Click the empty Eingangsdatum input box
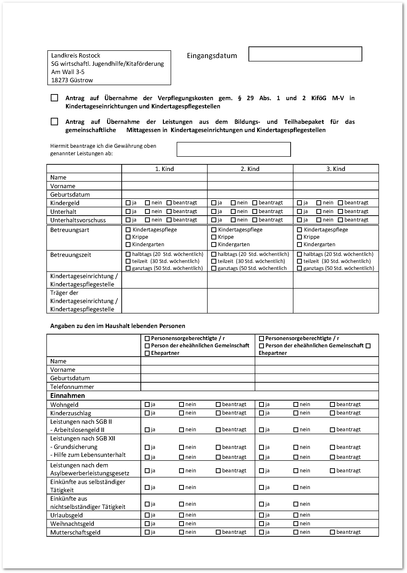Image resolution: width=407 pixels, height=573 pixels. pos(305,54)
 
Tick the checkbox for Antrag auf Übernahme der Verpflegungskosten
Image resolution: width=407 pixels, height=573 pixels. pos(54,98)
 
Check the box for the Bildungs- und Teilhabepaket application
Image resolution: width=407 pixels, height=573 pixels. pos(54,122)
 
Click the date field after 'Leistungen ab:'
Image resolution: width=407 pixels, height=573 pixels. pos(233,149)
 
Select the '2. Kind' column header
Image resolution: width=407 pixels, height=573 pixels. pos(250,169)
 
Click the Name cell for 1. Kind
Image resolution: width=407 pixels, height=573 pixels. pos(164,177)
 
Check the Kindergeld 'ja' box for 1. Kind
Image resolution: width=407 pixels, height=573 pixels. pos(128,203)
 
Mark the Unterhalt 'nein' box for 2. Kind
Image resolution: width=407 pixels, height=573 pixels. pos(233,211)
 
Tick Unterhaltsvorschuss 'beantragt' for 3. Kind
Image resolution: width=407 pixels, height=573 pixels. pos(340,220)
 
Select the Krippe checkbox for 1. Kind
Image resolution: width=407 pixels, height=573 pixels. pos(128,237)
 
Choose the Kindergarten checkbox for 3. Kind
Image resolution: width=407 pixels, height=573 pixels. pos(299,244)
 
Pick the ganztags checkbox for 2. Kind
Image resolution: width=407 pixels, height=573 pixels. pos(214,268)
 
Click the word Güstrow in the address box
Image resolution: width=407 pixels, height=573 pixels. pos(81,80)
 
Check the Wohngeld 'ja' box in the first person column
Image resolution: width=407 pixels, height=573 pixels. pos(147,404)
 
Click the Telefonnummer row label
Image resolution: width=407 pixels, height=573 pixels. pos(72,387)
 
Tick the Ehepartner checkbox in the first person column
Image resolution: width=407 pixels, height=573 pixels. pos(147,353)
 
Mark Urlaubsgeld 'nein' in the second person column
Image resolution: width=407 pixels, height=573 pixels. pos(296,515)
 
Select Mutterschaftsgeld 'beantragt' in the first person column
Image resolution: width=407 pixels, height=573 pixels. pos(218,532)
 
